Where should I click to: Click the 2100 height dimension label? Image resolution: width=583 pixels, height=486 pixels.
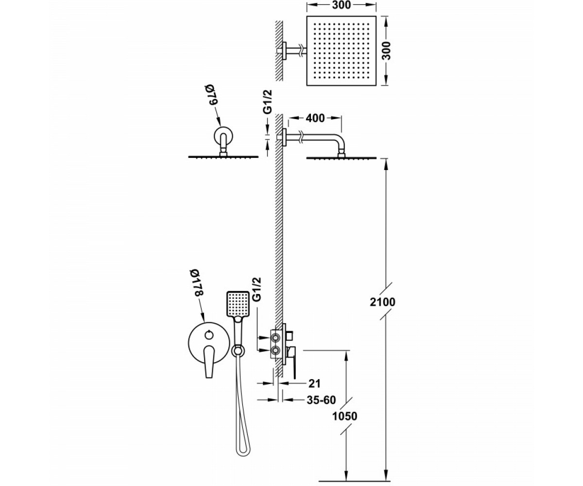pyautogui.click(x=382, y=302)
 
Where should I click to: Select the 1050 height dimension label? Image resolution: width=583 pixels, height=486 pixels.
pyautogui.click(x=344, y=416)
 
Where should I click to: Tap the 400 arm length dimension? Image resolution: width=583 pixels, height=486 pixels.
pyautogui.click(x=315, y=118)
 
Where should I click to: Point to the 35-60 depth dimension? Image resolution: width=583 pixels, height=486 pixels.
pyautogui.click(x=321, y=400)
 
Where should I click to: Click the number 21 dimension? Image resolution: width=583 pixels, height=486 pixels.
pyautogui.click(x=314, y=383)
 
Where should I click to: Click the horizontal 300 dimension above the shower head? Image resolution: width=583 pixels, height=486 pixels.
pyautogui.click(x=341, y=5)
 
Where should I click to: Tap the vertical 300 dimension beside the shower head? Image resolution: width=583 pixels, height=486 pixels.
pyautogui.click(x=386, y=51)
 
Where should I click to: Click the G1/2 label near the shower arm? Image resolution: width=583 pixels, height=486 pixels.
pyautogui.click(x=267, y=102)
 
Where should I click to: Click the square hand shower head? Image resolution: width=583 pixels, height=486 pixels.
pyautogui.click(x=238, y=304)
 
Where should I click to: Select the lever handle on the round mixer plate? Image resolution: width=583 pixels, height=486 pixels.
pyautogui.click(x=209, y=362)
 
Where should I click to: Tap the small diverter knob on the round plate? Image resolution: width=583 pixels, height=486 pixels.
pyautogui.click(x=208, y=335)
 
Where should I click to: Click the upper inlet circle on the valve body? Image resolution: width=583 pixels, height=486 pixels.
pyautogui.click(x=276, y=338)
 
